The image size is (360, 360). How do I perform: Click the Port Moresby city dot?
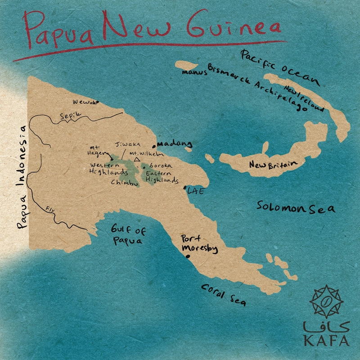click(188, 256)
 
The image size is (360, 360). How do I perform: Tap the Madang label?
click(175, 144)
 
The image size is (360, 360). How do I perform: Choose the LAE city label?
click(195, 191)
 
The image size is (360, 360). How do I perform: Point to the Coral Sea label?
click(224, 295)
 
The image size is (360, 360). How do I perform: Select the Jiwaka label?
click(128, 144)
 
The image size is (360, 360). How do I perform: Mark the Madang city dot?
click(154, 146)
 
